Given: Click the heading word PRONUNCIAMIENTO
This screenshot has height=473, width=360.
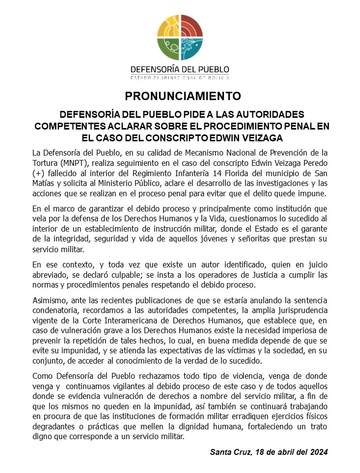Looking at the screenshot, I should click(180, 95).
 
